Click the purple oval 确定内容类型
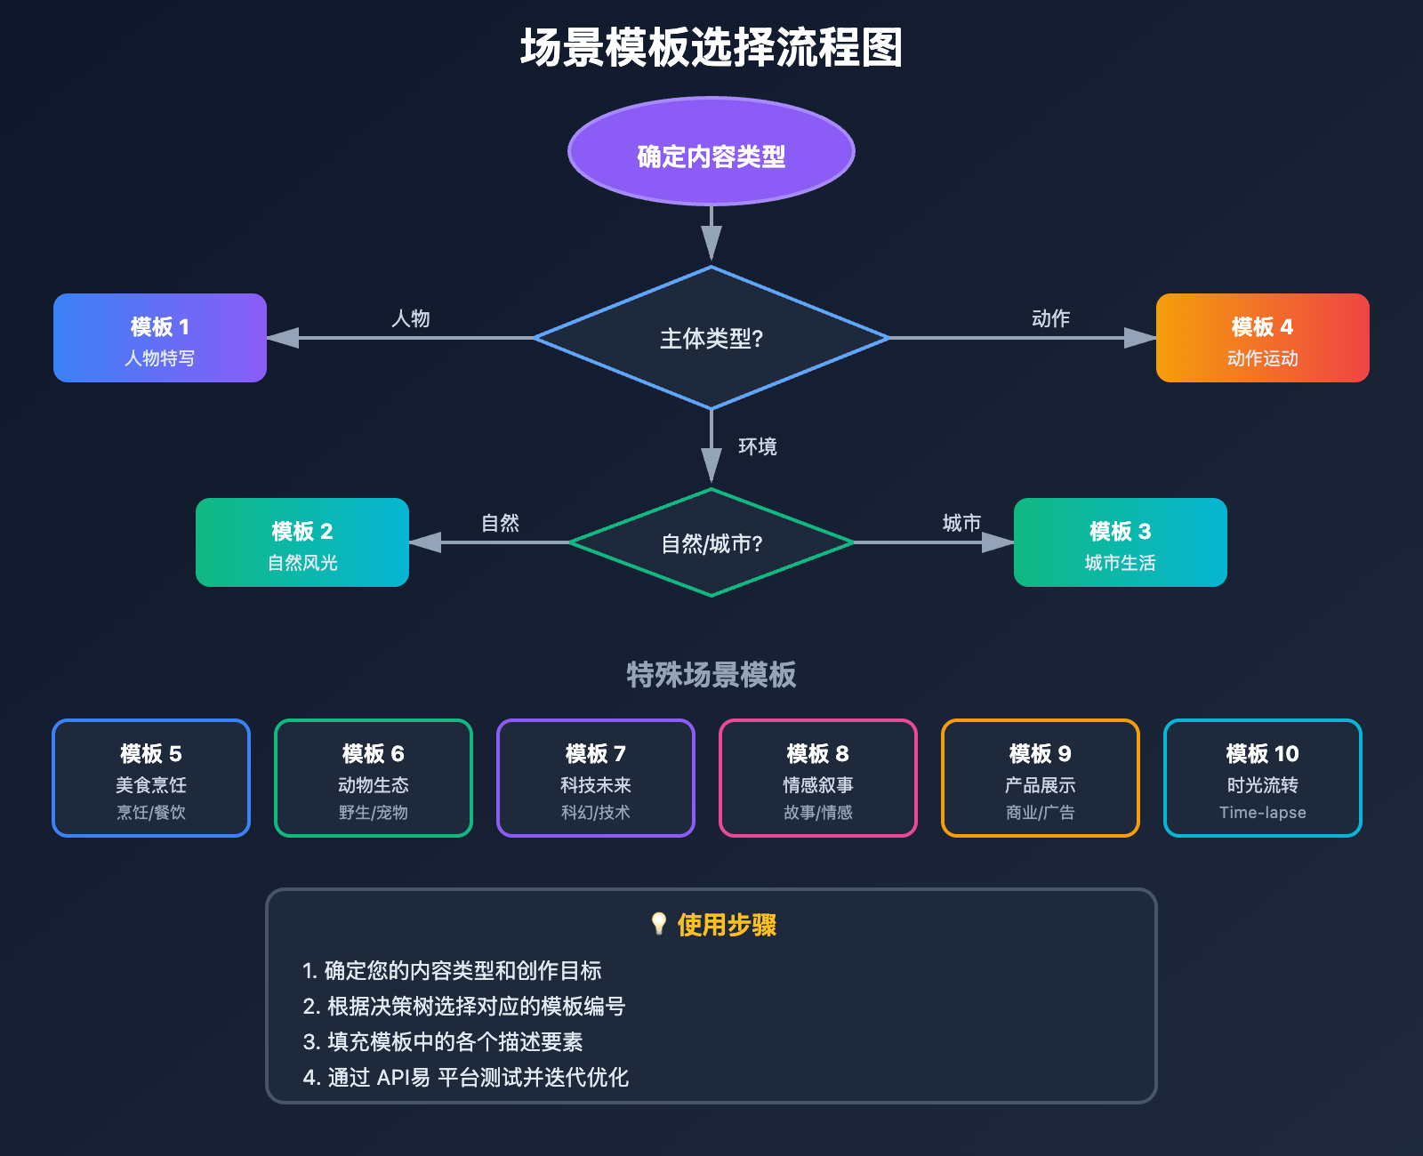[x=711, y=152]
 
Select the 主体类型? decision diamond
[x=711, y=338]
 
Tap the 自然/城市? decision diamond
[x=711, y=542]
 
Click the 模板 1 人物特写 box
[x=160, y=338]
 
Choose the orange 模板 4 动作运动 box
[x=1262, y=338]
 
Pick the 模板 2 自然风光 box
[x=302, y=542]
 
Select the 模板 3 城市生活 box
[x=1120, y=542]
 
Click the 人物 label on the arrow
[x=411, y=318]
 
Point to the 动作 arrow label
[x=1050, y=318]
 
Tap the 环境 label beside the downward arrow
[x=758, y=446]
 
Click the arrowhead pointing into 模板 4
[x=1139, y=338]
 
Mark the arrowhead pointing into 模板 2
[x=426, y=542]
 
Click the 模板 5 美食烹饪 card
[x=151, y=778]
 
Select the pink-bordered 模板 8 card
[x=818, y=778]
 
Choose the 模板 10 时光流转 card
[x=1263, y=778]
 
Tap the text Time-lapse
[x=1263, y=813]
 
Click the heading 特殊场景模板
[x=711, y=675]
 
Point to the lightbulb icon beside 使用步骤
[x=659, y=924]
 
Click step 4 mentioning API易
[x=466, y=1078]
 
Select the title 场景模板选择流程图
[x=711, y=48]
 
